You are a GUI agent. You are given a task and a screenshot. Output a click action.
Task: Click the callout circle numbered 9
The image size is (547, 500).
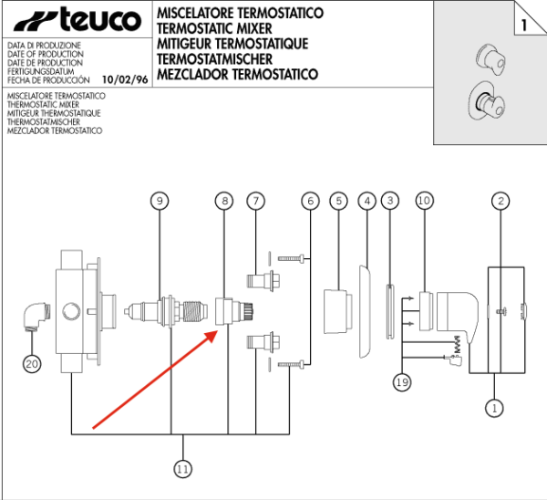160,200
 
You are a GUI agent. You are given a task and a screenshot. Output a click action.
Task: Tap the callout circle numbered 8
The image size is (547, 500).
224,200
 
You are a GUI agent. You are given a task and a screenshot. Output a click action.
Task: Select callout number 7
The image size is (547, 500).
256,200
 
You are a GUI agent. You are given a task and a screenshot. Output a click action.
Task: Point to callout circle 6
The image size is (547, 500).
310,200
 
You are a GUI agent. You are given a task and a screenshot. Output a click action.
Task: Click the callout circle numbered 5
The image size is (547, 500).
338,200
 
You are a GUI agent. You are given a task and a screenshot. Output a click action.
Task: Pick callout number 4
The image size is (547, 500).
367,200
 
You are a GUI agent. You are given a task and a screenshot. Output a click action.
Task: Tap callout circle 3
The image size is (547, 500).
390,200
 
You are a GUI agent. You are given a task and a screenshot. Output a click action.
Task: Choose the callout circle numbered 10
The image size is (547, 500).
424,200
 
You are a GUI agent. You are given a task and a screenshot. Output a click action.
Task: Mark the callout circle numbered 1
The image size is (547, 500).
494,408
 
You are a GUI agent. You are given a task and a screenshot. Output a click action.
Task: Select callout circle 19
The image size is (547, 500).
402,381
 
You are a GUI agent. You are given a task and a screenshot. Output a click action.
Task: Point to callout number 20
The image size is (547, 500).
33,363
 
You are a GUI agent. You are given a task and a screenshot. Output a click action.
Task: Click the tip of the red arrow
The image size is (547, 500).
214,332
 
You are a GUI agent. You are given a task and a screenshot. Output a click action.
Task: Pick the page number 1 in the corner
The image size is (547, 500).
524,25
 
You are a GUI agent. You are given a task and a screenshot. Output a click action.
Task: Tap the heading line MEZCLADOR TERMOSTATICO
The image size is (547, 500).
237,74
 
